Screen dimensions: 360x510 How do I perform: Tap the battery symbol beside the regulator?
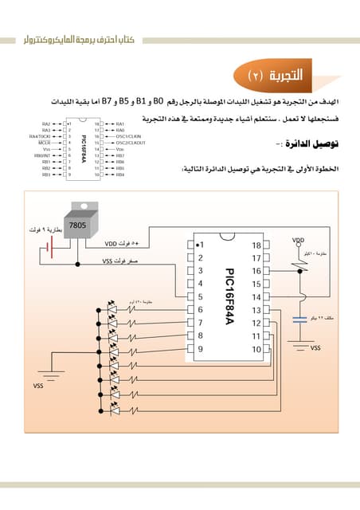pos(48,250)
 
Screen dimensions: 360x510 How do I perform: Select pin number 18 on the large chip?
pos(256,245)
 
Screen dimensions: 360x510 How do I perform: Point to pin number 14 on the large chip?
pos(256,296)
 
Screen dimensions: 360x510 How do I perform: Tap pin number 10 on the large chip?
pos(256,348)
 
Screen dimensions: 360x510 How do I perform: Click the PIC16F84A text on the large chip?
pos(228,295)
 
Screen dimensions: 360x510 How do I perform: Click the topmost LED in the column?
pos(112,306)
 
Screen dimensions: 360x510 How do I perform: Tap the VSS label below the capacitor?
pos(315,348)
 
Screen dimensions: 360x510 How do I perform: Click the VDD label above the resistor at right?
pos(299,240)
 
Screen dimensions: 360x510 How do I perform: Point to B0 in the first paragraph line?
pos(158,103)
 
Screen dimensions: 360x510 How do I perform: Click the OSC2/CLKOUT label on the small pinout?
pos(131,143)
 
